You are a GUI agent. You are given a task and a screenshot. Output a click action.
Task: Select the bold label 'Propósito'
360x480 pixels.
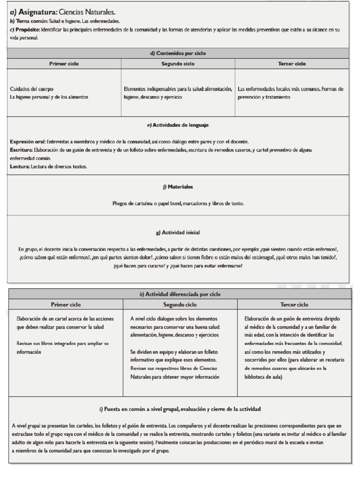(x=27, y=30)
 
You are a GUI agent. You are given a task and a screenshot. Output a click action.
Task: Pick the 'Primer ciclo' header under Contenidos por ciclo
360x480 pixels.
(x=64, y=64)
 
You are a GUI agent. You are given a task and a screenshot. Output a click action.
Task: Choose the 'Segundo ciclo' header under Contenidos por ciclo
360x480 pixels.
(x=178, y=64)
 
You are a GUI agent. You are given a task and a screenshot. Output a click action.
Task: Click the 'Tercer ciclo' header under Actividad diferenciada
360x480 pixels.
(x=294, y=305)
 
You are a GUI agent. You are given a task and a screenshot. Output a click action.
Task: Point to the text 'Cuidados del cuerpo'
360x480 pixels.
(x=31, y=89)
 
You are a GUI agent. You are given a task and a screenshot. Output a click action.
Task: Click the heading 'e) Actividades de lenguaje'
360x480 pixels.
(x=178, y=125)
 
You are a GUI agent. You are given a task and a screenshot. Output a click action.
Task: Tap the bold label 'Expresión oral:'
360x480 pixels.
(x=28, y=142)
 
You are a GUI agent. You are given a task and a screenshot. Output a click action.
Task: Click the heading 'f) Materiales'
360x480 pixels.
(x=178, y=187)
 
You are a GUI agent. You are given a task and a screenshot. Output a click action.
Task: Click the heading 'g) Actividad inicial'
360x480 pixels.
(x=178, y=232)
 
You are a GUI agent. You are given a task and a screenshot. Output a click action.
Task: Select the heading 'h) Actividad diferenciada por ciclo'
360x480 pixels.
(x=180, y=294)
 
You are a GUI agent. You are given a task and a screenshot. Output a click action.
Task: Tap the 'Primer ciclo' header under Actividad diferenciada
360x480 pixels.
(x=66, y=305)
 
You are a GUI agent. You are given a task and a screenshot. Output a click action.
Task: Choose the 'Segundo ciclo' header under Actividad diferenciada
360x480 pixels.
(x=180, y=305)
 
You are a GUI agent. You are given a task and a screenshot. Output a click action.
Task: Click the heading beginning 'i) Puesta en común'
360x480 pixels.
(x=180, y=409)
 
